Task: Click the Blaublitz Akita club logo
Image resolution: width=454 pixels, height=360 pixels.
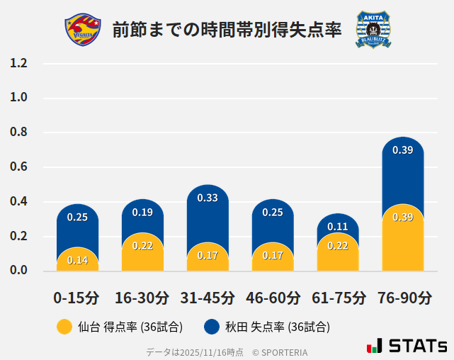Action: coord(373,30)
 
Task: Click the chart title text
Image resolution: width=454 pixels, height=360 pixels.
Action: coord(227,30)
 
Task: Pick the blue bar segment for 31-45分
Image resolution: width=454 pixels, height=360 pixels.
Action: coord(208,213)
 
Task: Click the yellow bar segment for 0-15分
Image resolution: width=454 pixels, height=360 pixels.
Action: coord(77,260)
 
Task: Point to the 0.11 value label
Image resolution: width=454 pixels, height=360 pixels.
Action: coord(338,227)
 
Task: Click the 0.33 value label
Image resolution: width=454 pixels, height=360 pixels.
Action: coord(208,198)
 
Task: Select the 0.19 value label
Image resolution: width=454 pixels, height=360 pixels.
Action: coord(142,212)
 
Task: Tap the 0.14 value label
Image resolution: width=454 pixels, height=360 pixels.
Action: coord(77,260)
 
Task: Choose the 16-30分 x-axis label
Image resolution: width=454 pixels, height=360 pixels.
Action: coord(142,298)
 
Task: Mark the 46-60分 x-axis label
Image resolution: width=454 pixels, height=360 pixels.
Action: coord(273,298)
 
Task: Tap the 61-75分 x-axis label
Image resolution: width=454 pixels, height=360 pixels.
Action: coord(338,298)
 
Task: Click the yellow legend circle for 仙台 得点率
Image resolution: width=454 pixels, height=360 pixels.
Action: coord(64,327)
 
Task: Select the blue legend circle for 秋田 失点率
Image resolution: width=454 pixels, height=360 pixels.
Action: coord(211,327)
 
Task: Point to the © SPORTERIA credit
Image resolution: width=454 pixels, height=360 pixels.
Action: coord(280,352)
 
